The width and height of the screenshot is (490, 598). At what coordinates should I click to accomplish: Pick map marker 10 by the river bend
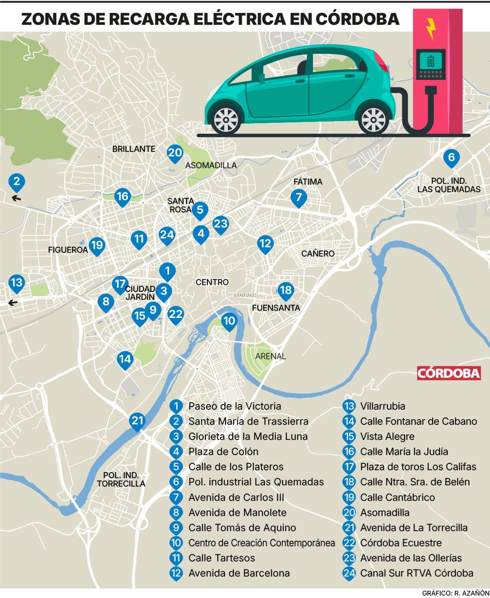[229, 322]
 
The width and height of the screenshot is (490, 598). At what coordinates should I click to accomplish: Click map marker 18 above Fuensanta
[285, 291]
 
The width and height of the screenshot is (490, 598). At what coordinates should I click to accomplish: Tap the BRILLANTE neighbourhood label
[134, 149]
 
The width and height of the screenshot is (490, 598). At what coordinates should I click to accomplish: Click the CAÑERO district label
[318, 253]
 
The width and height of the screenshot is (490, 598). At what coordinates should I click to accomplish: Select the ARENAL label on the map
[270, 356]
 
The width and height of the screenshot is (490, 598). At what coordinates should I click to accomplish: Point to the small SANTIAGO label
[245, 295]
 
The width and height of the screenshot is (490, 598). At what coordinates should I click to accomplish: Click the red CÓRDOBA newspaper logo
[449, 373]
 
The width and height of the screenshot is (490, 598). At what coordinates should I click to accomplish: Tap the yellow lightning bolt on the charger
[430, 28]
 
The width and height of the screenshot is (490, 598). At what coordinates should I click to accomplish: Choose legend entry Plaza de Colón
[223, 451]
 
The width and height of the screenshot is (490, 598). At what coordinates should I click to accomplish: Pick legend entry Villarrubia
[383, 406]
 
